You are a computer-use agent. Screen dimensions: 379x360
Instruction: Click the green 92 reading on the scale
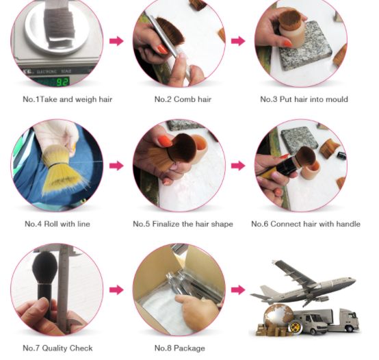(63, 82)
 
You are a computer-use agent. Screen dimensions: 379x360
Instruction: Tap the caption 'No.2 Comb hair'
(183, 99)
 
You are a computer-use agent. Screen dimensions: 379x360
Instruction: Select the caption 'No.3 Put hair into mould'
(304, 99)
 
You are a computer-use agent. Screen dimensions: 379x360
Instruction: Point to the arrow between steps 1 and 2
(116, 41)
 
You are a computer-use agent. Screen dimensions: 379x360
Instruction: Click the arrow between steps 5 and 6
(238, 166)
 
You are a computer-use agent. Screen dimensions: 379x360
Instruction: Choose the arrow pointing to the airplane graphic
(238, 290)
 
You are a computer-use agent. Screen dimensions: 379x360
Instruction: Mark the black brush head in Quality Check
(45, 267)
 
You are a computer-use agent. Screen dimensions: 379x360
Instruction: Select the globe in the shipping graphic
(278, 316)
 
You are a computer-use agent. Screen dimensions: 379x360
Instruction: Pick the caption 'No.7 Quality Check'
(57, 348)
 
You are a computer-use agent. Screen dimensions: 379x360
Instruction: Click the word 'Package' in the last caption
(189, 348)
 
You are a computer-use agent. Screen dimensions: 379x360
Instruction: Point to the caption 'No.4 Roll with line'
(57, 224)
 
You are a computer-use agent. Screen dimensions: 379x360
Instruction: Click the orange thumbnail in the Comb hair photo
(162, 49)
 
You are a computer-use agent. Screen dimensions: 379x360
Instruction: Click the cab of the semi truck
(350, 319)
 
